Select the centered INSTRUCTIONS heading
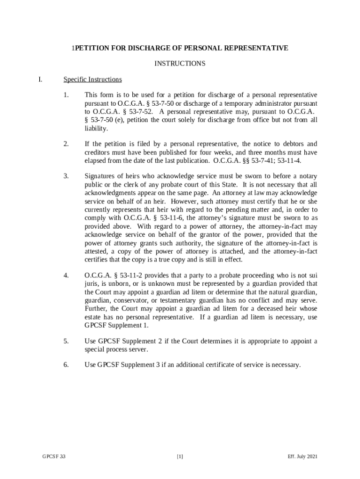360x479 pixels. coord(180,64)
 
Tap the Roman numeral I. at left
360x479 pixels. coord(41,80)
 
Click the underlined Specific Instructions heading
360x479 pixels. coord(93,80)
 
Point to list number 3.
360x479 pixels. coord(66,176)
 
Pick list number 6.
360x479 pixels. coord(66,364)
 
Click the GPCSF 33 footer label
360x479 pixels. coord(54,457)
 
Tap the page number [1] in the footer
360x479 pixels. coord(180,457)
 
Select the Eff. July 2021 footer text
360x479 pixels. coord(303,457)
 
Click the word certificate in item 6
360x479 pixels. coord(219,364)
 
